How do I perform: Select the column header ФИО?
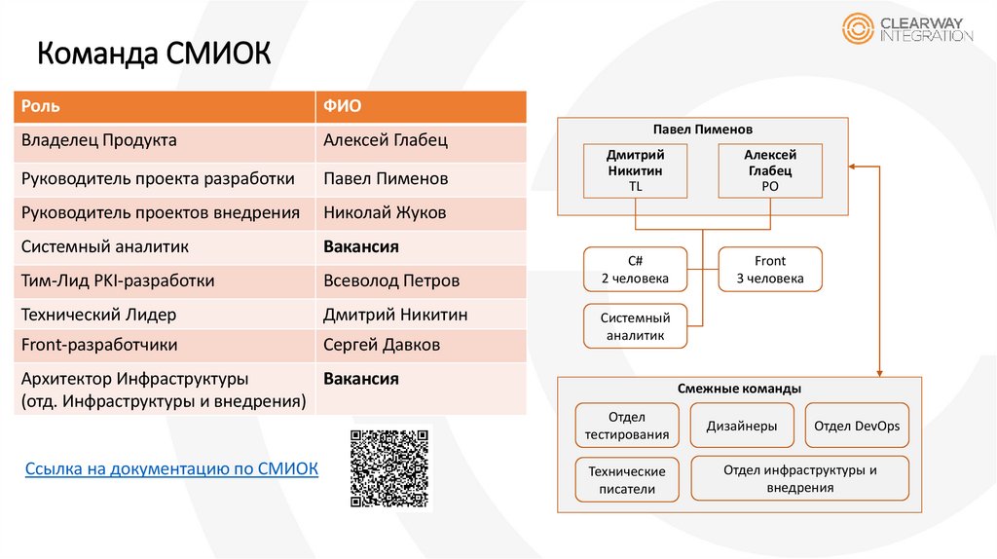tap(342, 105)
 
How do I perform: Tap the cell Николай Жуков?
tap(385, 212)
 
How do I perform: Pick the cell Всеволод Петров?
tap(391, 280)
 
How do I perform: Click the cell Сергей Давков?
tap(382, 345)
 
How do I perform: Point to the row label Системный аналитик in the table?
tap(105, 246)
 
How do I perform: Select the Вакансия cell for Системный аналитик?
tap(361, 246)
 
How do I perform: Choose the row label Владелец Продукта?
tap(99, 140)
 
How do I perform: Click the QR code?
tap(389, 468)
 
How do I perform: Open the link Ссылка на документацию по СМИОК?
tap(171, 468)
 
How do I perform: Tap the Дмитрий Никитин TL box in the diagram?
tap(636, 170)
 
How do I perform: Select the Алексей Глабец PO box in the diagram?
tap(769, 170)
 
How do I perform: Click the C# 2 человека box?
tap(634, 270)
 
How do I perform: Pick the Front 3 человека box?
tap(769, 270)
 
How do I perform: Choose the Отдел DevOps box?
tap(857, 427)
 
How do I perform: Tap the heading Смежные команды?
tap(739, 389)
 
